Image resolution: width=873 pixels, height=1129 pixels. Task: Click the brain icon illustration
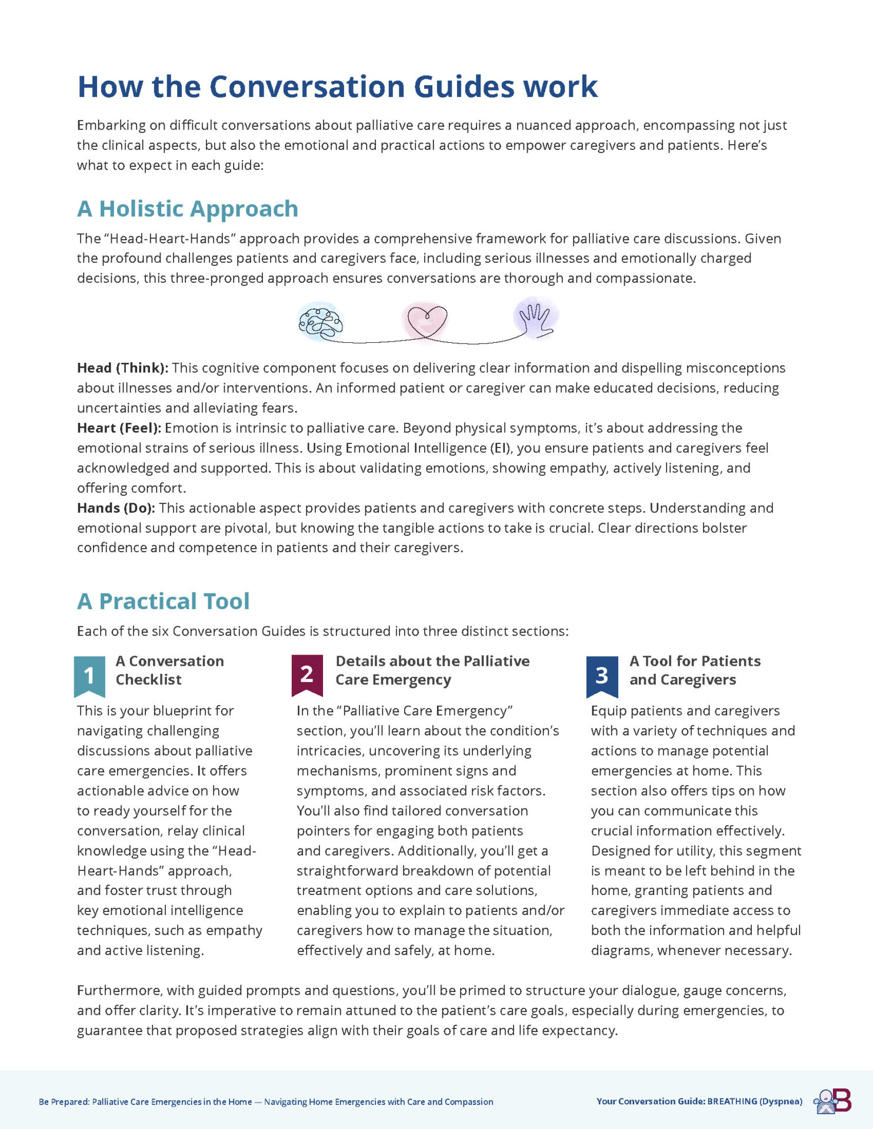tap(321, 322)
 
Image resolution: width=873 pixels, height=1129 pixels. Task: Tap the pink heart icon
tap(425, 320)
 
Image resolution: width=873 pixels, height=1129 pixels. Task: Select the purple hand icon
tap(536, 319)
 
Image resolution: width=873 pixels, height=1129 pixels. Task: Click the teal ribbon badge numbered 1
tap(89, 676)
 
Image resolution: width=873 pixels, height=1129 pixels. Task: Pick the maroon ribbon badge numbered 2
tap(307, 674)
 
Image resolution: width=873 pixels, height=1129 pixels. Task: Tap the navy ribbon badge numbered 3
tap(602, 676)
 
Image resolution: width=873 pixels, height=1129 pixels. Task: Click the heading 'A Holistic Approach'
tap(188, 209)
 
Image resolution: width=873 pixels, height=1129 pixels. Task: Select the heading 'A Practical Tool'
tap(164, 601)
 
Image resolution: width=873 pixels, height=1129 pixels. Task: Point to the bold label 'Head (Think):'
tap(122, 368)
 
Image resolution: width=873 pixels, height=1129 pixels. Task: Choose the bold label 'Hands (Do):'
tap(116, 508)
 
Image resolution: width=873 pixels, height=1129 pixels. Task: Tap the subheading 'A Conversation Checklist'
tap(169, 670)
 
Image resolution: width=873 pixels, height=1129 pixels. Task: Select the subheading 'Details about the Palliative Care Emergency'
tap(432, 670)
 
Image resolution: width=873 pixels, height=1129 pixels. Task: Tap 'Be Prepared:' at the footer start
tap(64, 1102)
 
